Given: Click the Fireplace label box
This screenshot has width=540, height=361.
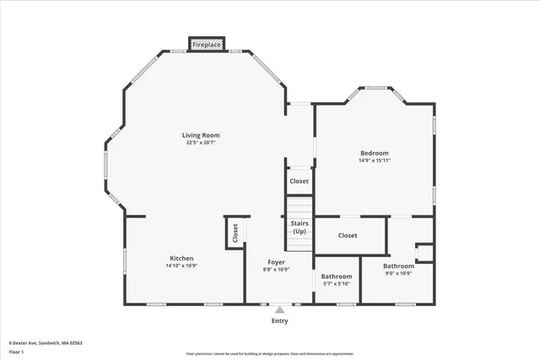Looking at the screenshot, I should [207, 44].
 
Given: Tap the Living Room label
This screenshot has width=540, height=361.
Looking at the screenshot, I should [201, 135].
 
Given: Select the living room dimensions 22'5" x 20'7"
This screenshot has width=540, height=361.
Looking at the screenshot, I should [201, 143].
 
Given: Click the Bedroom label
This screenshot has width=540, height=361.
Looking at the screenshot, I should [374, 153].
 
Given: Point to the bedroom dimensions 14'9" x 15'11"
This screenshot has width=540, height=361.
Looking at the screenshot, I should [374, 161].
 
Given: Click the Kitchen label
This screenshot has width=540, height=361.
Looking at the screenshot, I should [181, 259].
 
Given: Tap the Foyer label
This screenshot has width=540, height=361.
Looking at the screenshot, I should [277, 262].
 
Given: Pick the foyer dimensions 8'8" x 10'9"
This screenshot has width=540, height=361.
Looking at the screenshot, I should [277, 270].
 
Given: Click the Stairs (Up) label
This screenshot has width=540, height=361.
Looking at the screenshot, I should [300, 227].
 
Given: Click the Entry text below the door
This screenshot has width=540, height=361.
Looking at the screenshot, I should [279, 321].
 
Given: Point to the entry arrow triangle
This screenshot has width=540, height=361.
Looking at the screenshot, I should [279, 310].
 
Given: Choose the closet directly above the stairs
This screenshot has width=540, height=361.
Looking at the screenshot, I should [299, 181].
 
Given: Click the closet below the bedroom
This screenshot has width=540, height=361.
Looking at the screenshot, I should [348, 235].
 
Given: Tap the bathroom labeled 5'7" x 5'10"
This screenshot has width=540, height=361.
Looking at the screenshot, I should [337, 280].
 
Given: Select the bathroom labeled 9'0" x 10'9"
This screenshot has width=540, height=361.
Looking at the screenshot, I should [399, 270].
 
